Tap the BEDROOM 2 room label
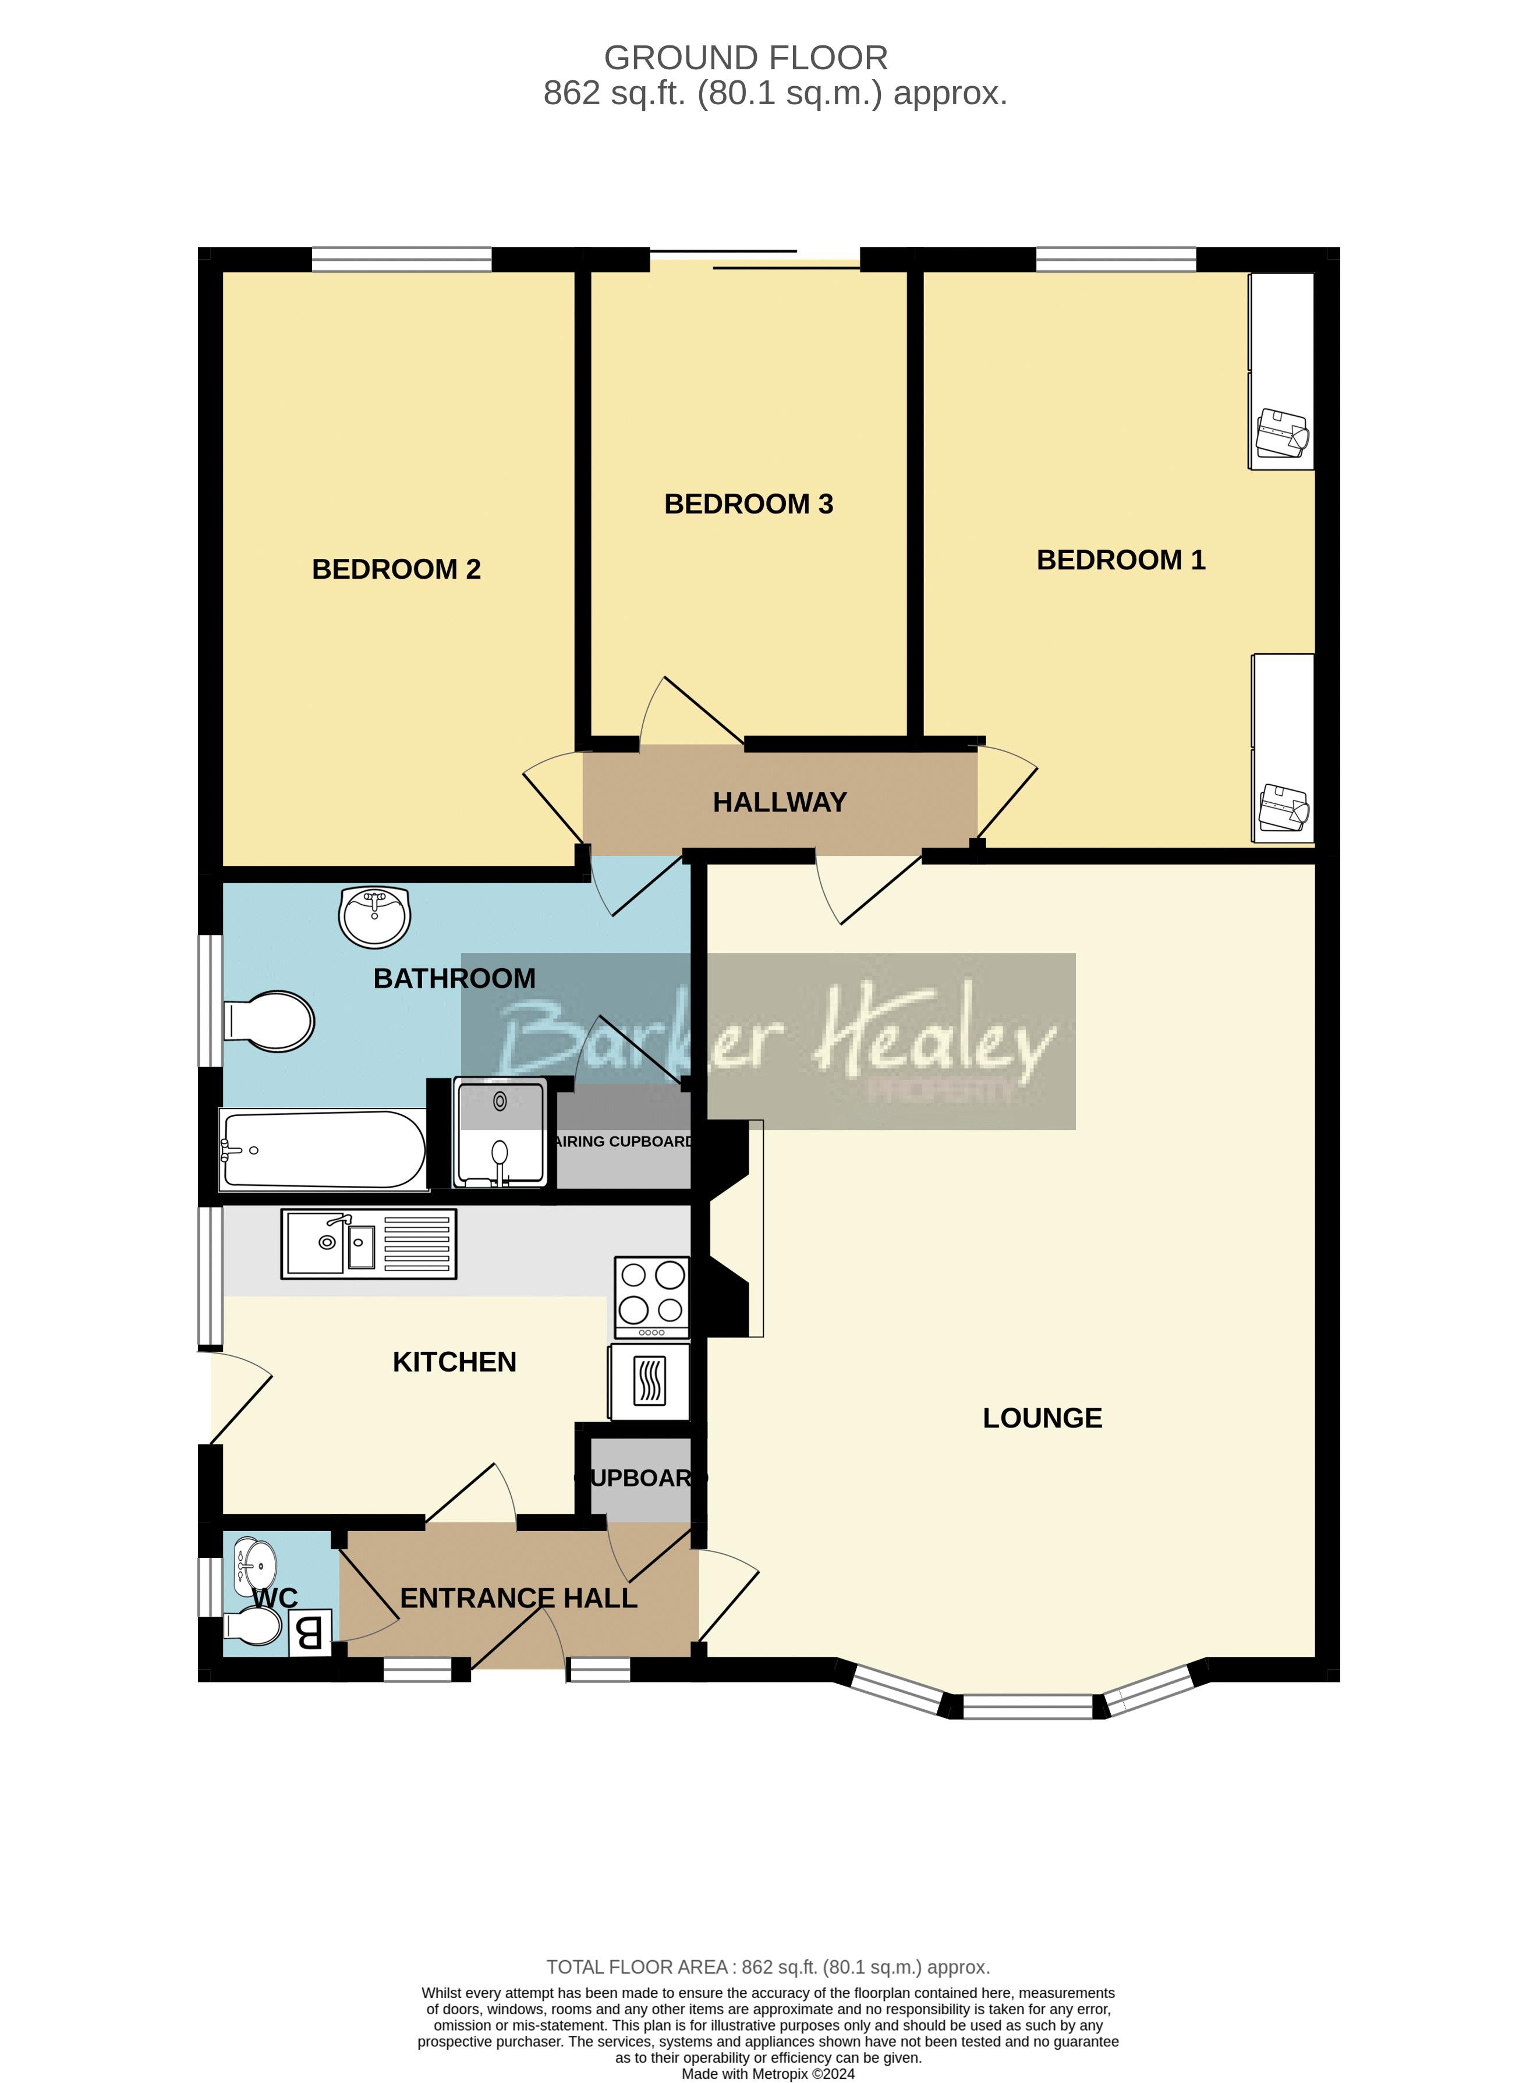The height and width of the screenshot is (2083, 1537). (x=396, y=569)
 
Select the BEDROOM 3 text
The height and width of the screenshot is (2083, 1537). (x=749, y=504)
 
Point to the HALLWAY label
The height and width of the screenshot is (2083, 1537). (x=780, y=802)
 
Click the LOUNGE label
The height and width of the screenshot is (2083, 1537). (x=1042, y=1418)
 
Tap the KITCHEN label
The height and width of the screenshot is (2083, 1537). (x=454, y=1362)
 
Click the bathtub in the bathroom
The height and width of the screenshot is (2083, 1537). (x=322, y=1150)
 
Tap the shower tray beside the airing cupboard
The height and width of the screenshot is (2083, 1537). (x=500, y=1132)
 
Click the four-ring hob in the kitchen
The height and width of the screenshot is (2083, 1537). (x=651, y=1298)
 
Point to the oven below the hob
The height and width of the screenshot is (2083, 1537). (x=649, y=1381)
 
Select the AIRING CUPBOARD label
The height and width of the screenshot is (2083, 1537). (x=624, y=1142)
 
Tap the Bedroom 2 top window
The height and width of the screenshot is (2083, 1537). (x=401, y=260)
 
